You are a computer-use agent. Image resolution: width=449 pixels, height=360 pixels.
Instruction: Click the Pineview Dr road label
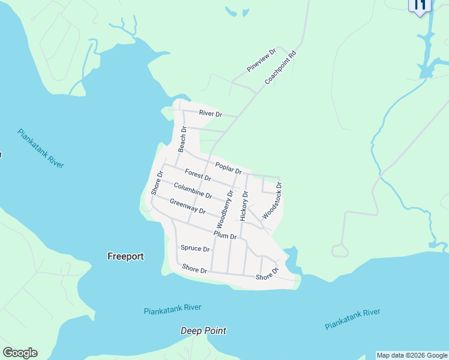tap(261, 61)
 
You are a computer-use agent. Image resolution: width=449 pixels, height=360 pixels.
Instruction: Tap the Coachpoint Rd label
tap(280, 67)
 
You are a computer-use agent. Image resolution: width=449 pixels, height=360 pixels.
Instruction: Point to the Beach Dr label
tap(182, 139)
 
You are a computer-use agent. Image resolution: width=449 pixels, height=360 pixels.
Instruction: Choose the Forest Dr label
tap(197, 175)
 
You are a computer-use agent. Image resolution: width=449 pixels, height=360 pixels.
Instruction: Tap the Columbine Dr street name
tap(193, 191)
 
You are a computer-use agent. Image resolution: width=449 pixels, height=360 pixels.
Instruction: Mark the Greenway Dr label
tap(187, 206)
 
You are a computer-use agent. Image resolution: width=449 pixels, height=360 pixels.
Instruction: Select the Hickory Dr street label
tap(244, 206)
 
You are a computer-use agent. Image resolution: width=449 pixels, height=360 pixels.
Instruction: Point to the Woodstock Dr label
tap(272, 200)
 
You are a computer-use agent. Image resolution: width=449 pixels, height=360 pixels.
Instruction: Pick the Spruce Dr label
tap(195, 248)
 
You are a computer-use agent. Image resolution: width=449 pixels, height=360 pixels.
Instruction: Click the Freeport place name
tap(125, 256)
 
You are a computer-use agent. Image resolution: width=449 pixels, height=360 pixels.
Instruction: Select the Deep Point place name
tap(203, 331)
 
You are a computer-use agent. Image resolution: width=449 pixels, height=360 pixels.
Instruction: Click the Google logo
tap(20, 353)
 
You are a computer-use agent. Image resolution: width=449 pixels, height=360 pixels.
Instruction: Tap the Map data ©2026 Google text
tap(412, 355)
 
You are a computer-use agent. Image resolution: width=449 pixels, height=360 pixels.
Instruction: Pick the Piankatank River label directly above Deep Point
tap(173, 310)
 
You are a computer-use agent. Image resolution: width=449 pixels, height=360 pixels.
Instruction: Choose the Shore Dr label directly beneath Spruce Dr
tap(194, 269)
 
